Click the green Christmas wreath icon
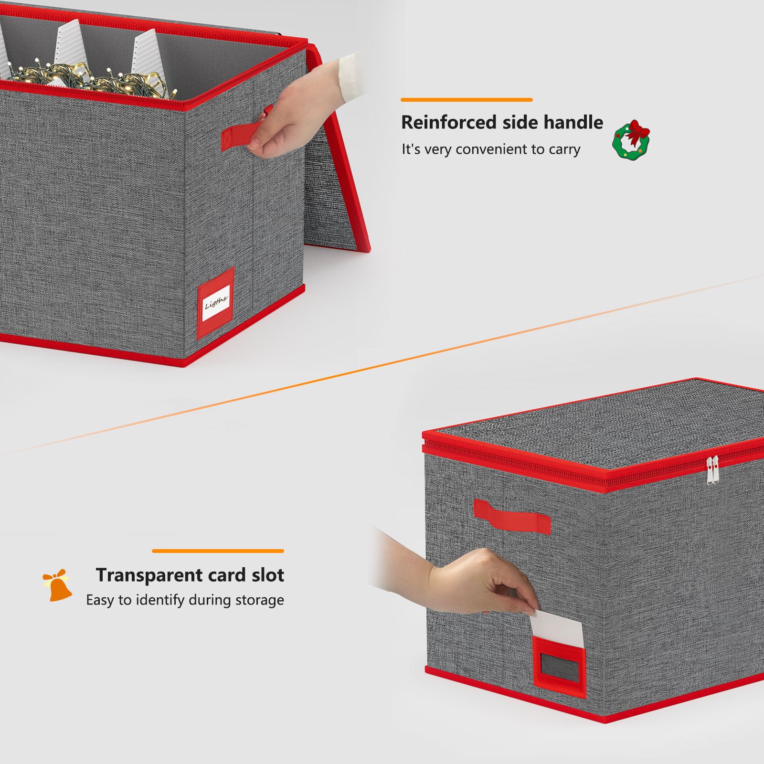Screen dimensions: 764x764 631,140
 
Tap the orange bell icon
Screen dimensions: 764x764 58,585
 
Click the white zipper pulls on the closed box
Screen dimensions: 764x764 711,470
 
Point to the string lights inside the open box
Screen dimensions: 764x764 91,79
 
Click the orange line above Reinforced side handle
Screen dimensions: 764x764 467,100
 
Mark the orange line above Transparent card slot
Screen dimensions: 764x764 218,551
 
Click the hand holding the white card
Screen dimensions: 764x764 477,583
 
